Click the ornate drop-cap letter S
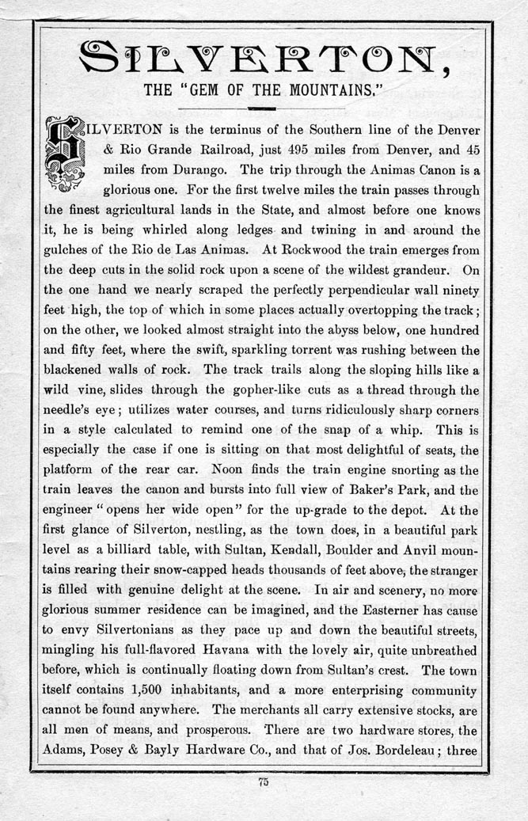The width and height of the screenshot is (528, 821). coord(70,155)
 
